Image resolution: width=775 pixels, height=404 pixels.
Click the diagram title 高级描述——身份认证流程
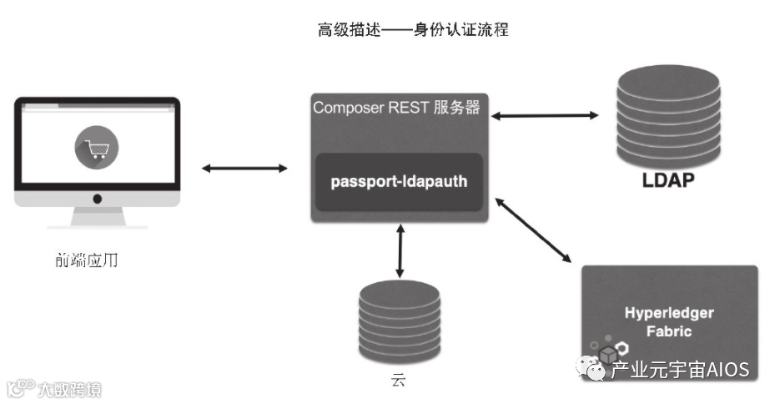pos(413,31)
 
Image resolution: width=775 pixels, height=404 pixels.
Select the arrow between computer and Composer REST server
pos(244,169)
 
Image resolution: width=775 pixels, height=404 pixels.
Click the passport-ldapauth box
pos(399,181)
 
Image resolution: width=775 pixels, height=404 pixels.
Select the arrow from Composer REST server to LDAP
pos(546,114)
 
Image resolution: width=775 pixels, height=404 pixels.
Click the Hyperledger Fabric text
pos(669,321)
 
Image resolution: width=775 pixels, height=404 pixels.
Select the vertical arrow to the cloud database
pos(400,250)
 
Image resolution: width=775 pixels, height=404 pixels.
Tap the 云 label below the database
pos(399,382)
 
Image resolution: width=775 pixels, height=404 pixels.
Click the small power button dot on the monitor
pos(97,199)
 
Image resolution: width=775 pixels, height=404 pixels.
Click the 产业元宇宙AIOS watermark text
pos(680,370)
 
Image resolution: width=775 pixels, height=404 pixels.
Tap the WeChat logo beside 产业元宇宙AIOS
pos(594,370)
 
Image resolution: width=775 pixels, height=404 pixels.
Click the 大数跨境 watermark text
pos(67,389)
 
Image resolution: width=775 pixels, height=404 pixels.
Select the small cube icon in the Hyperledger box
pos(607,353)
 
